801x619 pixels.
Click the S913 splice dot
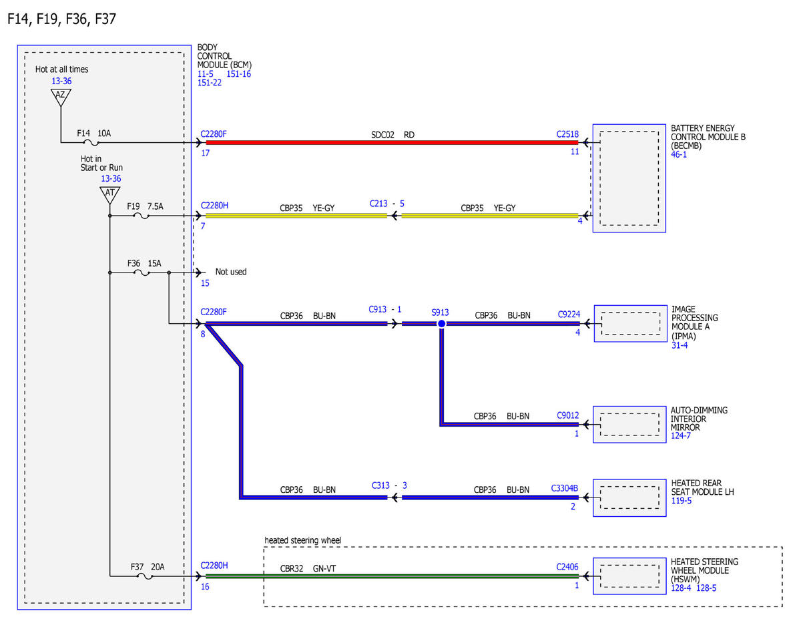pos(441,324)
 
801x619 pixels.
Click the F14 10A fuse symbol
pos(91,142)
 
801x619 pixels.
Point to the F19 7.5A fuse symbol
pos(141,216)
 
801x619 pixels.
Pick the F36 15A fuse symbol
pos(142,273)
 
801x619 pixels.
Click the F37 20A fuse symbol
pos(145,576)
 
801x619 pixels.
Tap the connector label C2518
pos(567,134)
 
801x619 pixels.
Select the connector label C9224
pos(569,314)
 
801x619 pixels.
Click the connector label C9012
pos(567,415)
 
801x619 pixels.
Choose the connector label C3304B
pos(564,488)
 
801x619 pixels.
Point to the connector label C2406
pos(567,567)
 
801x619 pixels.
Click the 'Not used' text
pos(231,272)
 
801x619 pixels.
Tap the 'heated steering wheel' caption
pos(302,540)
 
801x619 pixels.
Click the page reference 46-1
pos(679,154)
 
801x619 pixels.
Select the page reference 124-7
pos(680,436)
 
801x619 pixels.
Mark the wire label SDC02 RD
pos(392,135)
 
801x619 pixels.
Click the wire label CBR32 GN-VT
pos(308,568)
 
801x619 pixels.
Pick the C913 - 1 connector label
pos(385,309)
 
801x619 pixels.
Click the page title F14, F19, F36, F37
pos(61,19)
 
